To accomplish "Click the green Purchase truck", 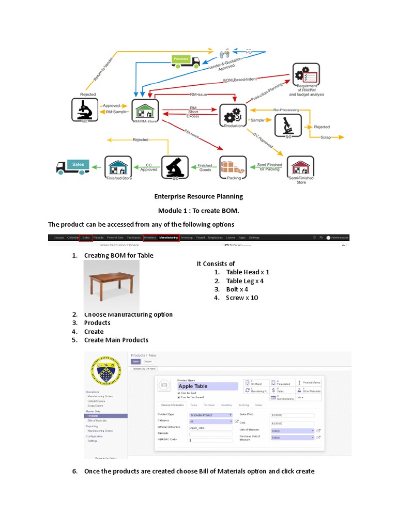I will point(185,61).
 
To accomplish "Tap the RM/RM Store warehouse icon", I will point(145,110).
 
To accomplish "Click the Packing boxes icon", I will point(233,167).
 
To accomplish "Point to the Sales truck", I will point(72,167).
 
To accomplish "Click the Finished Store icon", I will point(118,167).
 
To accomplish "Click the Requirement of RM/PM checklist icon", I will point(306,76).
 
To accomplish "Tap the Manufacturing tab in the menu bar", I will point(169,238).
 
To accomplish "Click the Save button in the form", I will point(136,362).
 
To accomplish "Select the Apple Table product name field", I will point(207,386).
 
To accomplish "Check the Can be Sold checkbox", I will point(179,393).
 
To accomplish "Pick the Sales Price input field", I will point(292,414).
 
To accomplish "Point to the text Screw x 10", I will point(242,298).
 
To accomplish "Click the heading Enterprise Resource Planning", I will point(198,196).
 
